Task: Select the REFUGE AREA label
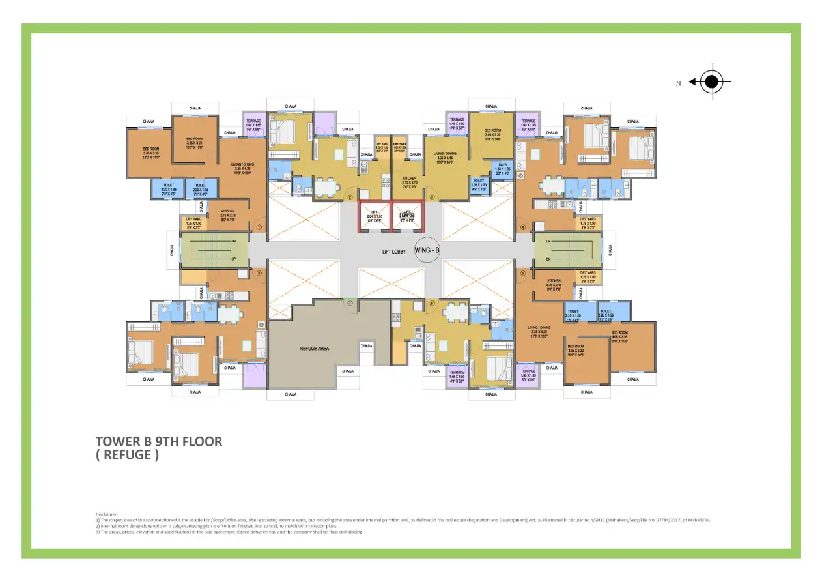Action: (314, 349)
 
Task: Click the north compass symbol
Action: (712, 82)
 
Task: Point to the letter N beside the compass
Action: (678, 83)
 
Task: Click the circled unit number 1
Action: (259, 227)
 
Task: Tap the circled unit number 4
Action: (522, 227)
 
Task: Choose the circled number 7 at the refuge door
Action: (350, 303)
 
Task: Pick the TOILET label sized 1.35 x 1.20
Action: (479, 182)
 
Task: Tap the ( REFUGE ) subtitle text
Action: (127, 455)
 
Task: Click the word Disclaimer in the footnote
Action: (107, 514)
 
